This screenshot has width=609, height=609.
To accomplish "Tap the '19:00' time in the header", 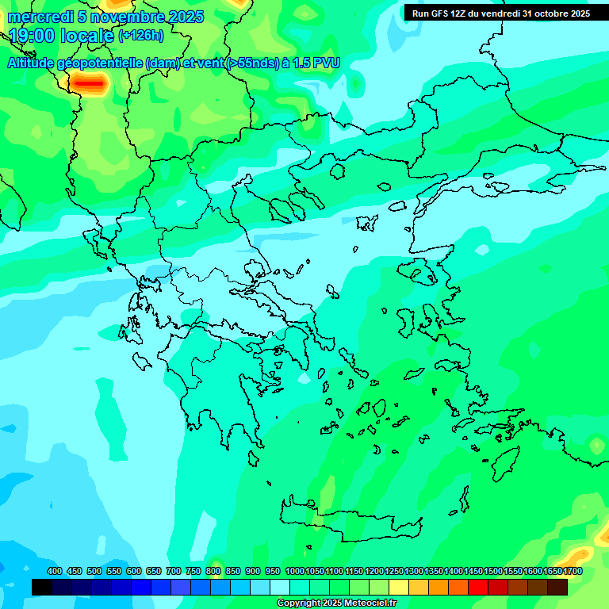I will pyautogui.click(x=31, y=36).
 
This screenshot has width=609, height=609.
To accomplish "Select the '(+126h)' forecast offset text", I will pyautogui.click(x=140, y=36).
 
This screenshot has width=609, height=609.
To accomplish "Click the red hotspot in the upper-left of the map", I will pyautogui.click(x=88, y=82).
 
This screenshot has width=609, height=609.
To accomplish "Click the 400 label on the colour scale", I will pyautogui.click(x=55, y=571).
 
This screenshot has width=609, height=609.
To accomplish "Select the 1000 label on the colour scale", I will pyautogui.click(x=295, y=571).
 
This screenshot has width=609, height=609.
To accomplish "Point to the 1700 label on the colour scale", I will pyautogui.click(x=572, y=571).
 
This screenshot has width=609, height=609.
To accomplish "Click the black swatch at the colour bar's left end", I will pyautogui.click(x=42, y=588).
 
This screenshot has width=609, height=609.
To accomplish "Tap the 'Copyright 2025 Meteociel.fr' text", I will pyautogui.click(x=336, y=603).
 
